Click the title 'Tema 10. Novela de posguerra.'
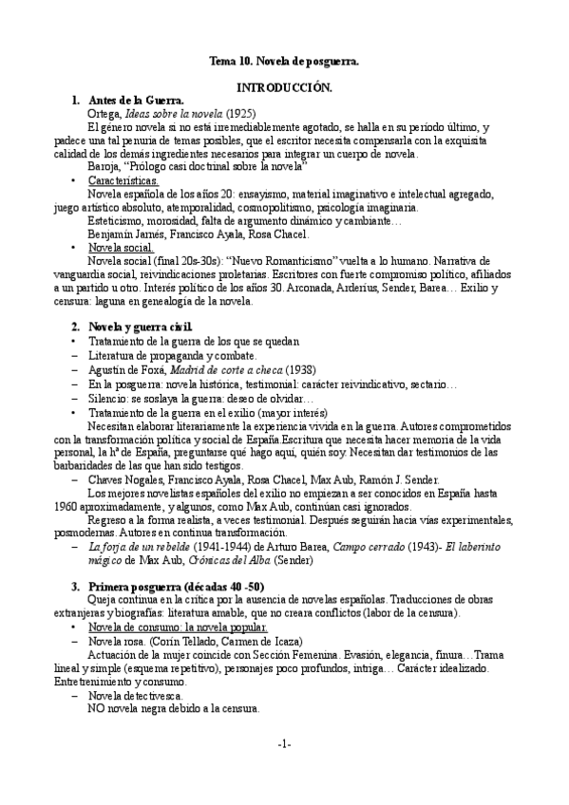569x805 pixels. coord(284,63)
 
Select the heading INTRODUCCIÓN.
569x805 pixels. coord(284,86)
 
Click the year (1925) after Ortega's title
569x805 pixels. coord(234,112)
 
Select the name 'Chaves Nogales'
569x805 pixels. coord(126,480)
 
